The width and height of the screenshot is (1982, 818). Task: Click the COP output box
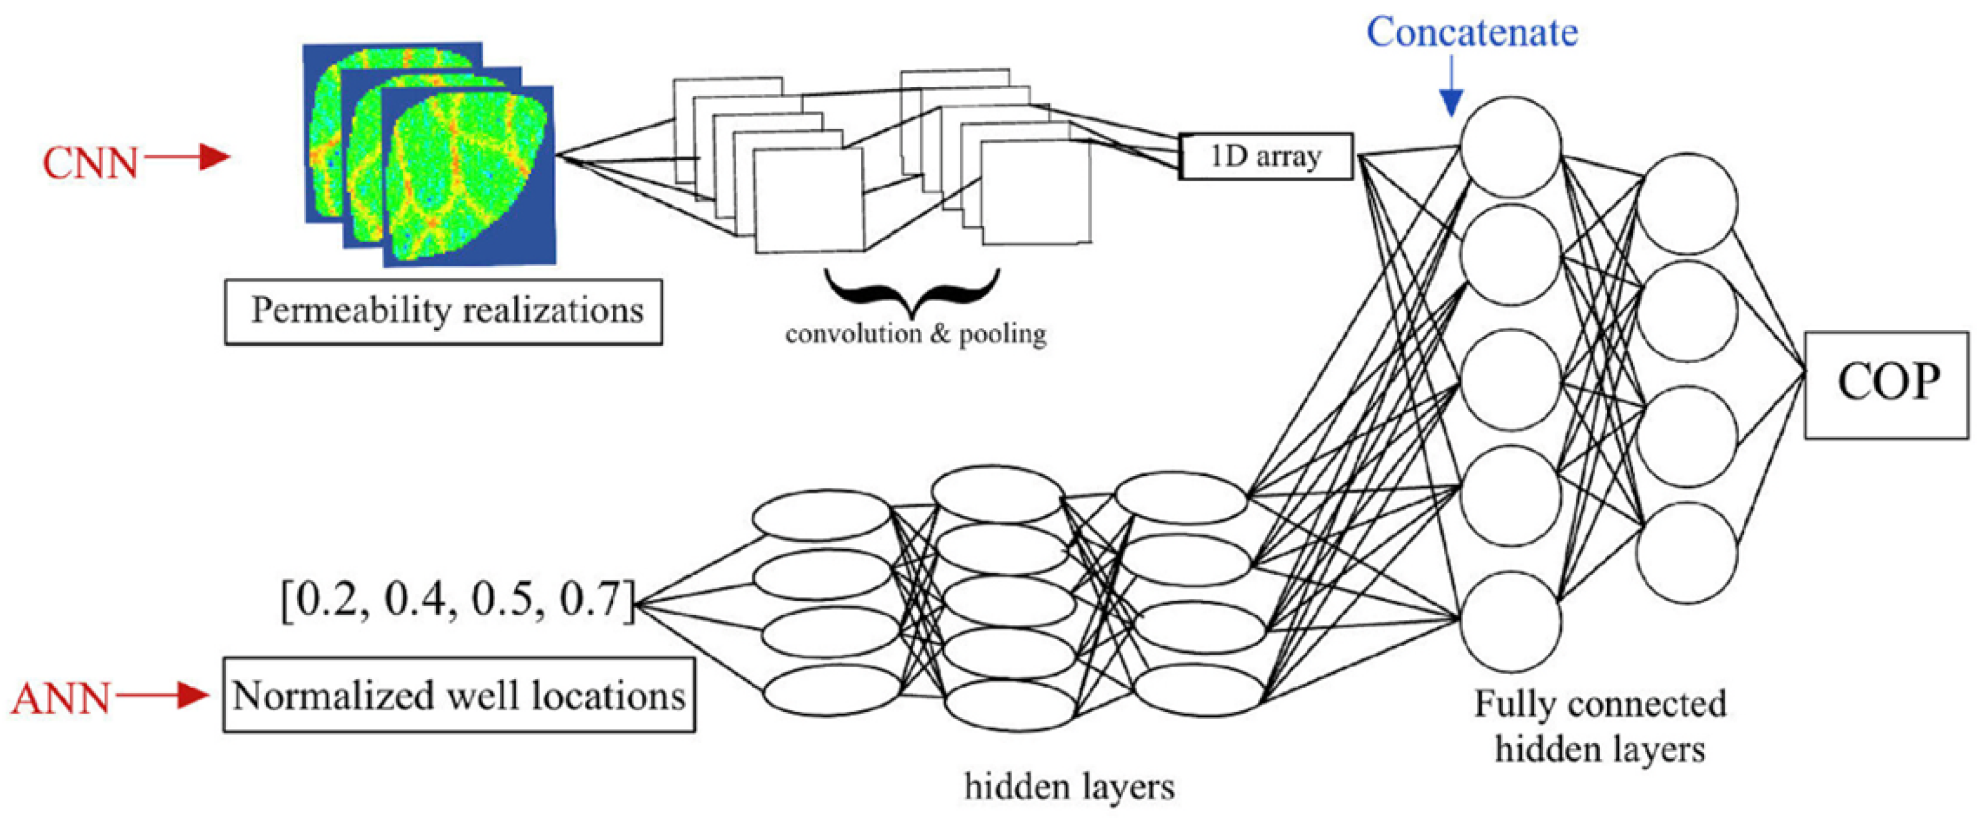point(1886,385)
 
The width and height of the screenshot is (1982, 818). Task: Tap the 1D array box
point(1266,157)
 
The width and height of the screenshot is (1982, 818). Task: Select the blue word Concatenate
point(1472,32)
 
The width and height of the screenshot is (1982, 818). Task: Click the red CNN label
point(90,164)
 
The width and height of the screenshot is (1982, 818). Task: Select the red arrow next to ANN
point(161,697)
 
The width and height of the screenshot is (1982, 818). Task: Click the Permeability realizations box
point(444,312)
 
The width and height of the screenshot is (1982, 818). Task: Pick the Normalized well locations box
point(459,695)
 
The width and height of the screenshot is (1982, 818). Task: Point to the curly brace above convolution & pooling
point(913,292)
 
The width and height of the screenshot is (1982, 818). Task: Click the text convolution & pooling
point(916,335)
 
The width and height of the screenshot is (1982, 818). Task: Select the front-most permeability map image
point(470,177)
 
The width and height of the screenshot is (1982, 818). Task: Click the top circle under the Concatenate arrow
point(1510,147)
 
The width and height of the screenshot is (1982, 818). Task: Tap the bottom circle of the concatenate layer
point(1510,621)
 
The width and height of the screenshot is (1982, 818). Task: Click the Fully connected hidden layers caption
point(1600,726)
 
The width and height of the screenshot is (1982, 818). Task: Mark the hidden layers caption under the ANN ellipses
point(1069,786)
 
